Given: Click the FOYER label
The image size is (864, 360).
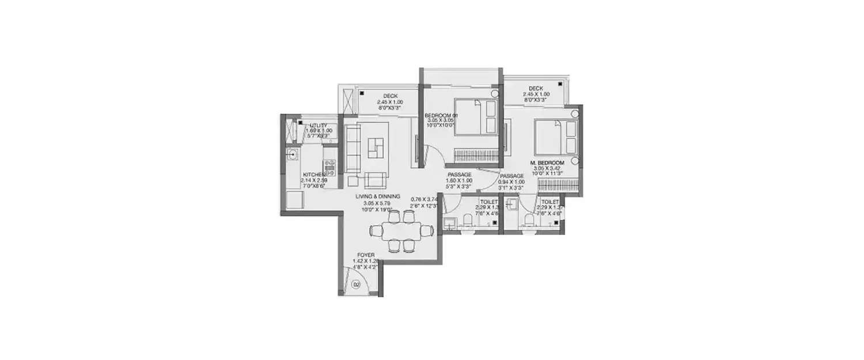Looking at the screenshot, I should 365,255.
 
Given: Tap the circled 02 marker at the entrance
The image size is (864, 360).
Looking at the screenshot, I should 355,284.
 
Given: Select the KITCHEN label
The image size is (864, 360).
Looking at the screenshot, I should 314,174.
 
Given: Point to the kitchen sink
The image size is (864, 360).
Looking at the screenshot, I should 292,154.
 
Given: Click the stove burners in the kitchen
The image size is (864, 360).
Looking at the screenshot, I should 330,167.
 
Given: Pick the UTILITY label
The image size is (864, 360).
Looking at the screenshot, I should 319,125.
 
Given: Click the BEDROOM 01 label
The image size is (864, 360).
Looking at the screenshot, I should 441,116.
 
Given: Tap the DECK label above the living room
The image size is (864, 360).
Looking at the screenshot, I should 391,96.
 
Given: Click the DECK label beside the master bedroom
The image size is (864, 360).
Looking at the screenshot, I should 532,89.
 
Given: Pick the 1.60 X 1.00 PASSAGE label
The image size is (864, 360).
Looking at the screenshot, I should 459,175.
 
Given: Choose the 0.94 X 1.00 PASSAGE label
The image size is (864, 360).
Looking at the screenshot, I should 511,176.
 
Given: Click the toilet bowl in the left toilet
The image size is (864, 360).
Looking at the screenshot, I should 469,219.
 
